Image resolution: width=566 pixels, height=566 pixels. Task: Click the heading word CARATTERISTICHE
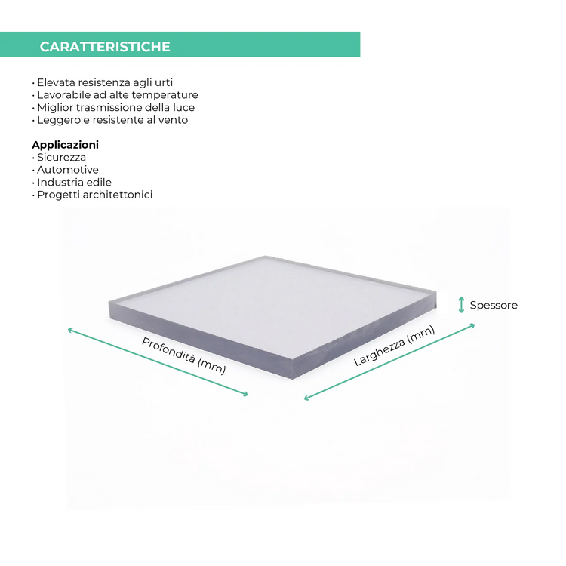coord(105,47)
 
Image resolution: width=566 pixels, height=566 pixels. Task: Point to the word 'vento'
coord(173,120)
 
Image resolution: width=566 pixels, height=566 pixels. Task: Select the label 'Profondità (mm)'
coord(183,355)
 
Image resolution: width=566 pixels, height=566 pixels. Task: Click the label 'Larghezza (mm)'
coord(394,346)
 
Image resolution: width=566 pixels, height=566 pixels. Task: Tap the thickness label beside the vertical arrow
coord(491,305)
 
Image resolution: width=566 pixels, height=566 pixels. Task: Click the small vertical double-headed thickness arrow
coord(462,305)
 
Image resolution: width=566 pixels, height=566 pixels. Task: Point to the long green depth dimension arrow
coord(158,362)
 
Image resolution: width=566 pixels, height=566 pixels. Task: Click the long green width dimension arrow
coord(389,362)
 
